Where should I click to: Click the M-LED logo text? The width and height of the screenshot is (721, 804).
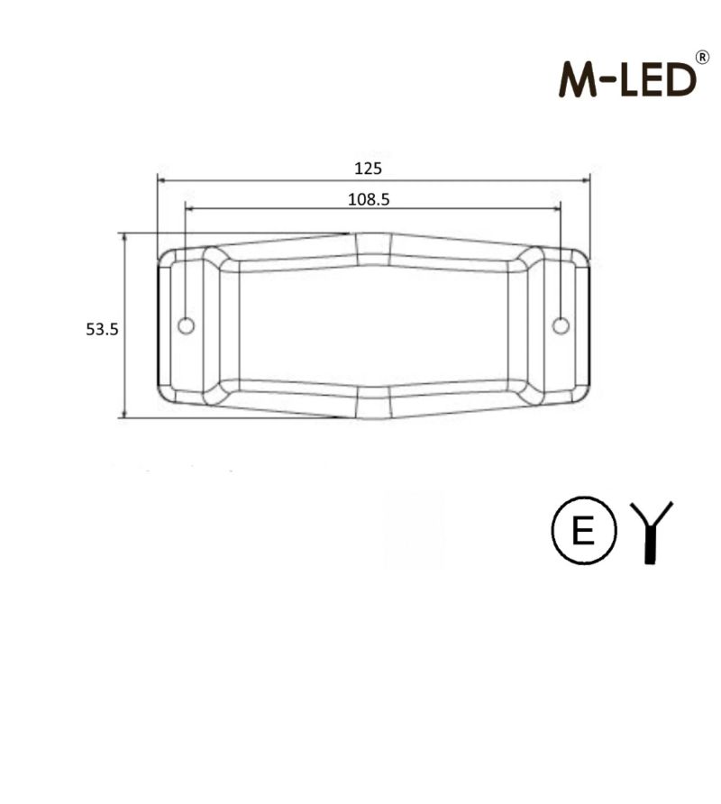pos(628,79)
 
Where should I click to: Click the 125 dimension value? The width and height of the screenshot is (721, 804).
pos(368,168)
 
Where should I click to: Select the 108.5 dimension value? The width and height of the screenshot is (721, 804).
pos(368,199)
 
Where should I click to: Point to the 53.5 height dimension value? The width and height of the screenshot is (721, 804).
pos(102,329)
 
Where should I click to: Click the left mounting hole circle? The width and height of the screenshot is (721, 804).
pos(186,325)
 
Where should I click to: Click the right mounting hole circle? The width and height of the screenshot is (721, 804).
pos(561,325)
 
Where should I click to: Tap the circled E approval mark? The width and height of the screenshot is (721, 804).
pos(583,532)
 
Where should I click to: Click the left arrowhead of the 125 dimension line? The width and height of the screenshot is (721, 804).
pos(161,179)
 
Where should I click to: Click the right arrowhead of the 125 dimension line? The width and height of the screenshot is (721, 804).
pos(586,179)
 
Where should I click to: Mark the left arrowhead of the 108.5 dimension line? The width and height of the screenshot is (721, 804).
pos(189,208)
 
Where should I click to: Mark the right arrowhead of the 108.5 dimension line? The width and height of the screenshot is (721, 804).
pos(556,208)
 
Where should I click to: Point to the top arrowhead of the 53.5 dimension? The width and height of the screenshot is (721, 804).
pos(123,236)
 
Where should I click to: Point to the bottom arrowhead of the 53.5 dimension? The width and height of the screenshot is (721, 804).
pos(123,414)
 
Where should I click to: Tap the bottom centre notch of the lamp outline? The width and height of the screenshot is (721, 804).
pos(373,403)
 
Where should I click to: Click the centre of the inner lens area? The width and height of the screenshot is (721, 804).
pos(373,325)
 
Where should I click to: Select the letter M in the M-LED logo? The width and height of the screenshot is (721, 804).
pos(577,80)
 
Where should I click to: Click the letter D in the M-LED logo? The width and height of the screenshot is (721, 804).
pos(681,80)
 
